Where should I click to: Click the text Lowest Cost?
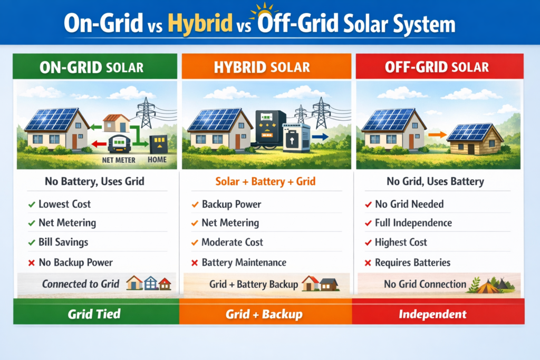64,204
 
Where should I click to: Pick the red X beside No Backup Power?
32,262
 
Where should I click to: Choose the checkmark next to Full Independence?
368,223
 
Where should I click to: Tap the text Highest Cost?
401,242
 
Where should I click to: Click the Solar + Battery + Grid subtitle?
266,182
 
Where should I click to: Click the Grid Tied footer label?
94,315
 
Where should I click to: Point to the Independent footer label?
432,315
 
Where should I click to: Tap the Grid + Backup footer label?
264,315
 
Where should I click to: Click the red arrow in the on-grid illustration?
97,144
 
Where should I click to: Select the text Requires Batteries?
412,262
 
